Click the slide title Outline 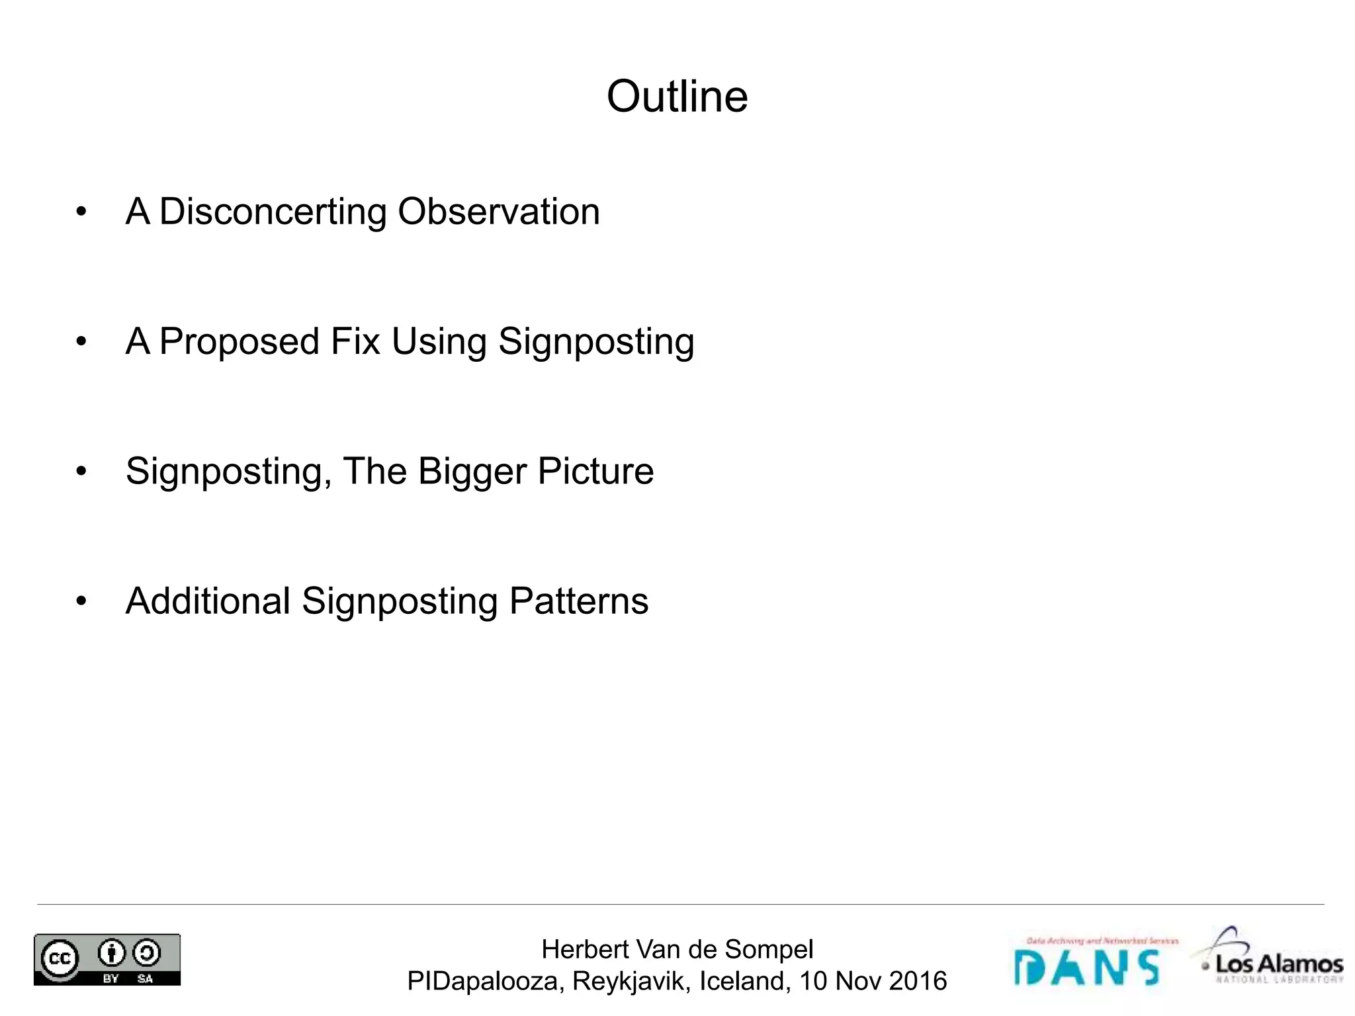(x=677, y=97)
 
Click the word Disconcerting (x=273, y=212)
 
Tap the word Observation (x=499, y=212)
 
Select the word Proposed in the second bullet (x=240, y=342)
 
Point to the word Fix (x=355, y=341)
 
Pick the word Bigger (x=472, y=472)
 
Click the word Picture (x=595, y=471)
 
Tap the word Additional (x=208, y=601)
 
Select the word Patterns (x=579, y=601)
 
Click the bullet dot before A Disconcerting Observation (x=81, y=212)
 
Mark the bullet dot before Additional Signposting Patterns (x=81, y=601)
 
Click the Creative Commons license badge (x=107, y=959)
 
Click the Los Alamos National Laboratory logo (x=1269, y=956)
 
